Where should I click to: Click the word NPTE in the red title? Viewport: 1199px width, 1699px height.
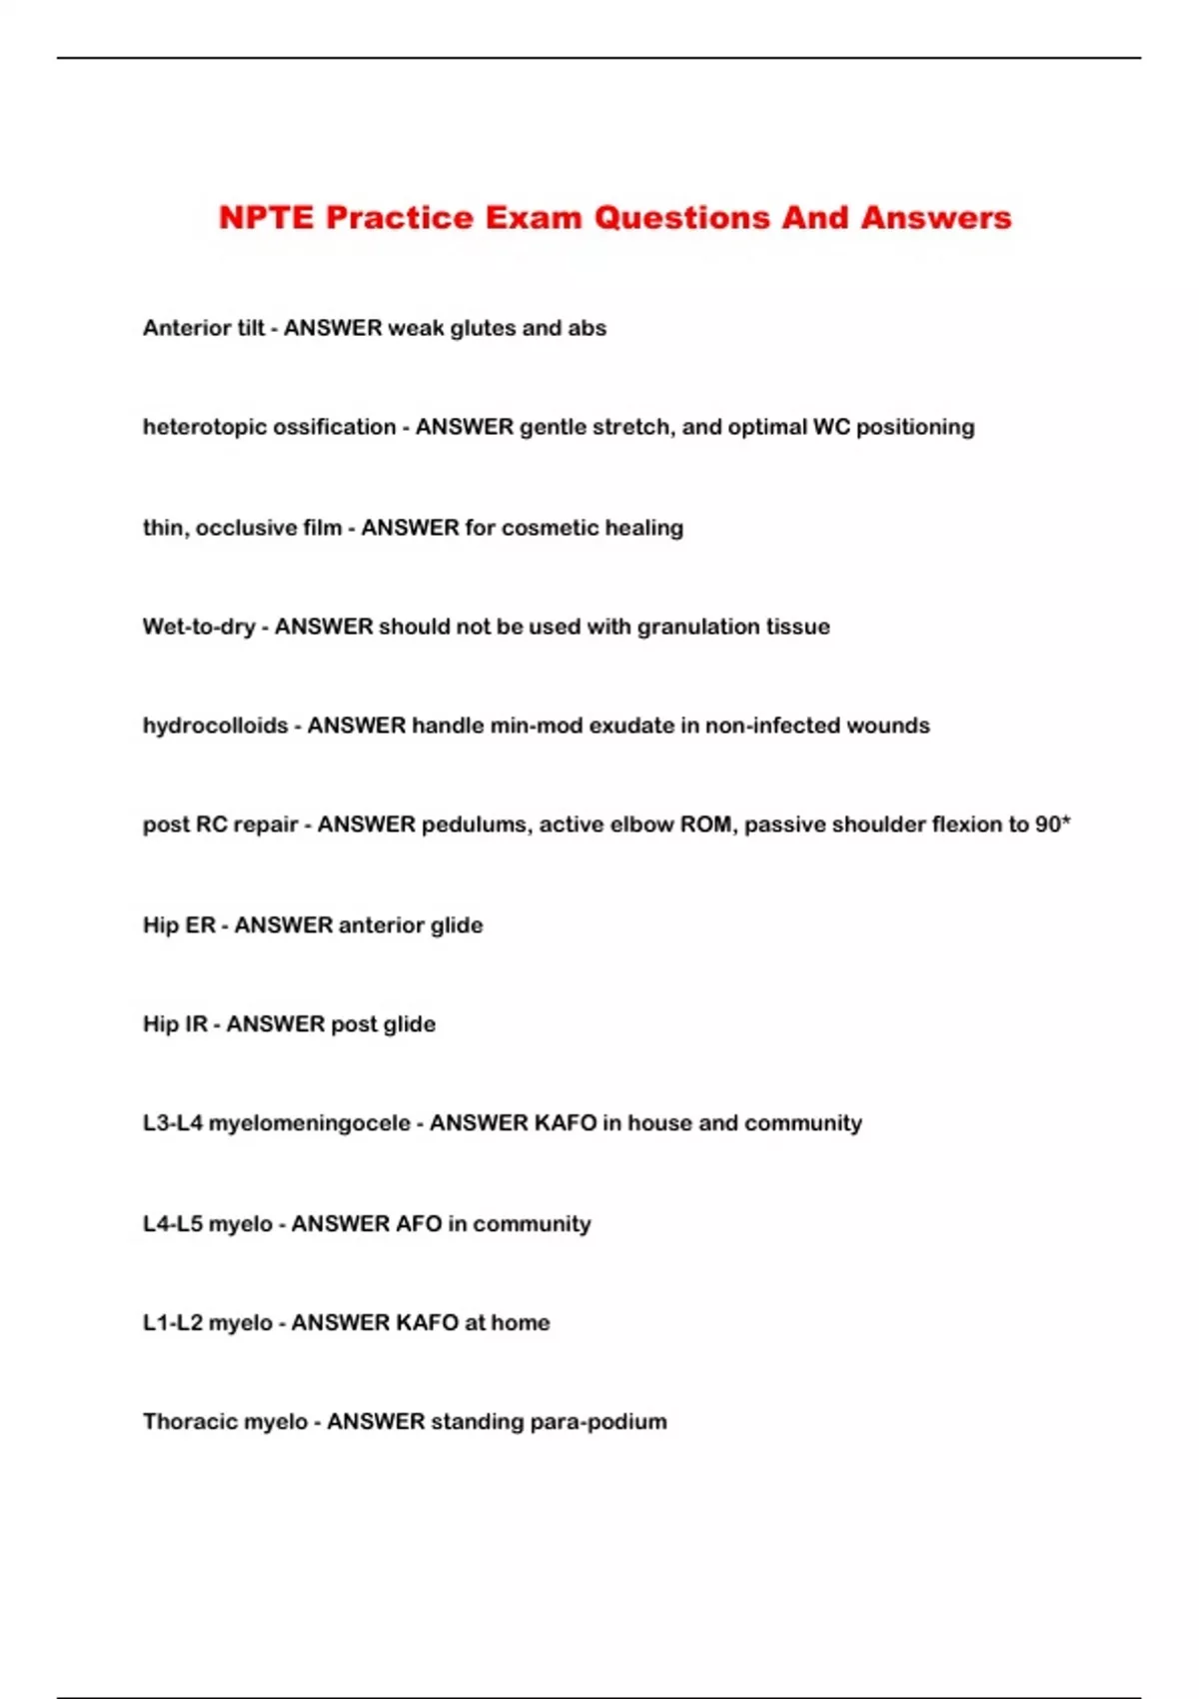(267, 218)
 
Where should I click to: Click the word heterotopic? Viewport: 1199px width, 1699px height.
(205, 428)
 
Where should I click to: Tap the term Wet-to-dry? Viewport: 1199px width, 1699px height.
(199, 627)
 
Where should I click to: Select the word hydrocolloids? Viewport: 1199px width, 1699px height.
(215, 726)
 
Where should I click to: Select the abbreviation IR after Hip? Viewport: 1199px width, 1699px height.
(196, 1024)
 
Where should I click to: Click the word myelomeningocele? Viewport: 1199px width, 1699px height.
(309, 1123)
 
